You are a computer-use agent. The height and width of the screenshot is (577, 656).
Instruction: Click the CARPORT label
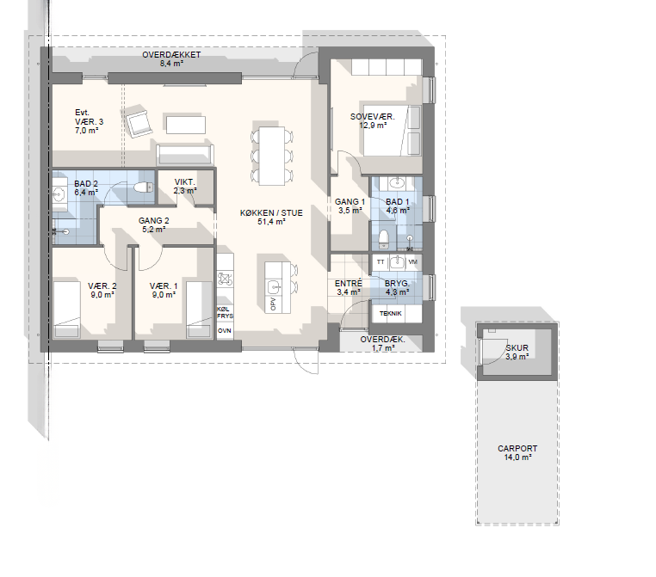(x=517, y=448)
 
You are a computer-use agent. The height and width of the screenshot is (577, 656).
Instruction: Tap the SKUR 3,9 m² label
(x=517, y=353)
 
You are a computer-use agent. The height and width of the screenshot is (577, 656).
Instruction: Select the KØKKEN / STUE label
(x=271, y=213)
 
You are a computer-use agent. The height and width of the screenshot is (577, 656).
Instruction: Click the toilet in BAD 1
(x=383, y=238)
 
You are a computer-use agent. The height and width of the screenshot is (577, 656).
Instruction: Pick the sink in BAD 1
(x=397, y=182)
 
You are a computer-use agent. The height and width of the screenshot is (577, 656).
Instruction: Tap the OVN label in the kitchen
(x=225, y=330)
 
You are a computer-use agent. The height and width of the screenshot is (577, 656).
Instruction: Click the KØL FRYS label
(x=225, y=312)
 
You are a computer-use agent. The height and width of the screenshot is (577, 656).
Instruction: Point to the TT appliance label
(x=381, y=262)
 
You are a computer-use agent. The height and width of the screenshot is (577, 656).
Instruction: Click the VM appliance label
(x=412, y=262)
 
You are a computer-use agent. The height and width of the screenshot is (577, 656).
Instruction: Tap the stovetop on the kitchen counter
(x=225, y=279)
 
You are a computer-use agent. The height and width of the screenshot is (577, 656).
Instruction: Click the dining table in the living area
(x=272, y=156)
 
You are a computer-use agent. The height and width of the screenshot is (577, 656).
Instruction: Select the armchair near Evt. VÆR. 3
(x=136, y=123)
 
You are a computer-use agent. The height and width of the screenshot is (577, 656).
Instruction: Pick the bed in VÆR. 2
(x=67, y=310)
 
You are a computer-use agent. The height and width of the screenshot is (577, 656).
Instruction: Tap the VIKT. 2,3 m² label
(x=185, y=187)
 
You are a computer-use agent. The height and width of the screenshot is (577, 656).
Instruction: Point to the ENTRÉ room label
(x=348, y=283)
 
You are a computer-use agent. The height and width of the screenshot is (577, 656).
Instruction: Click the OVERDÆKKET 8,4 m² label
(x=171, y=59)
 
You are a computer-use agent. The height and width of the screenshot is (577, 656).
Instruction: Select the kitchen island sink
(x=274, y=287)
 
